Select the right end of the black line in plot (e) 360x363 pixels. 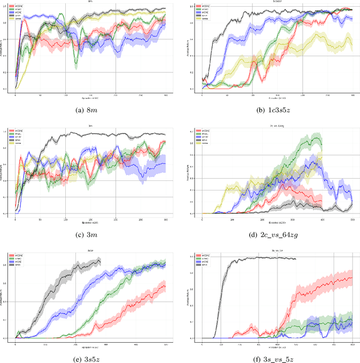[x=100, y=260]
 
